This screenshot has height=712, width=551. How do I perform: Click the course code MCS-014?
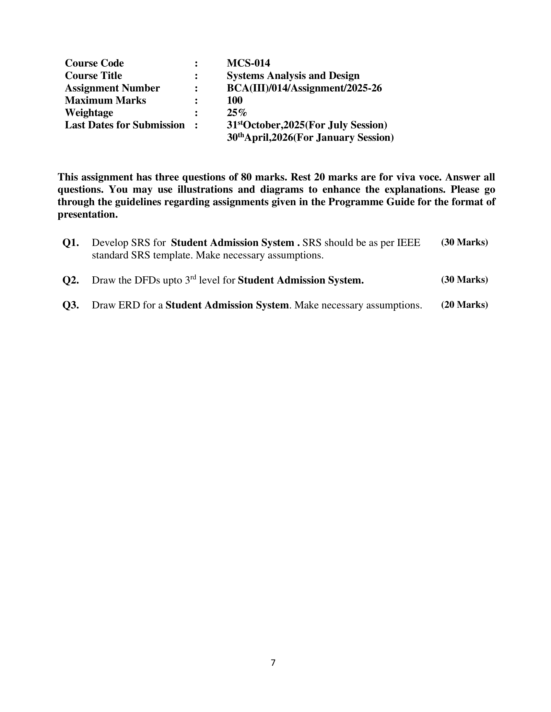248,63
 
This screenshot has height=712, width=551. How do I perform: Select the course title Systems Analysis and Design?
293,76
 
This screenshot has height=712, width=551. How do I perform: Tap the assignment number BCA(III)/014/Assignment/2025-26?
304,88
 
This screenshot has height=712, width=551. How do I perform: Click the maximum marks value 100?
234,100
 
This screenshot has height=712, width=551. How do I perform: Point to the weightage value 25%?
237,113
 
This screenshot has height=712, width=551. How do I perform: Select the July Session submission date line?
307,125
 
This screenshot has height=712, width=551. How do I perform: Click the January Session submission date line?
310,138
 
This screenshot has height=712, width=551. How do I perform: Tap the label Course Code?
94,63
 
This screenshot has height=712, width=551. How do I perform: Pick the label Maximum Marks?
105,100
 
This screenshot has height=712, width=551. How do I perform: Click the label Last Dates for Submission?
125,125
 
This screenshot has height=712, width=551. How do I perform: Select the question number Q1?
71,243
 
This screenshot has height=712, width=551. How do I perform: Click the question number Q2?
71,280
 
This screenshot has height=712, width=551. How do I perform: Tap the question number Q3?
71,305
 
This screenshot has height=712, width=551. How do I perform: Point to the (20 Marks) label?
464,305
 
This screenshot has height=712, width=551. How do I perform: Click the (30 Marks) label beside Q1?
464,242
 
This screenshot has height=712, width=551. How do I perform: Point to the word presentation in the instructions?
88,215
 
